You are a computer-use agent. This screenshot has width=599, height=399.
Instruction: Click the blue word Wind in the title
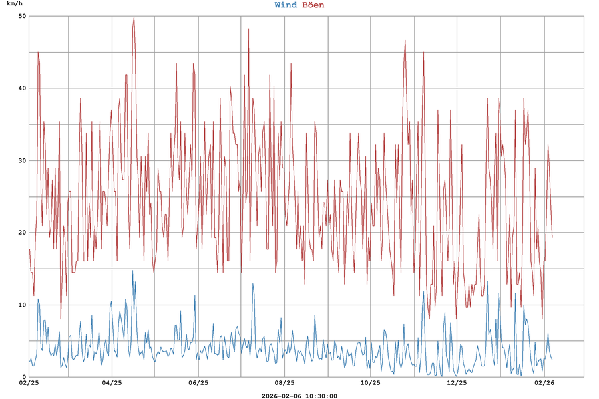pos(286,5)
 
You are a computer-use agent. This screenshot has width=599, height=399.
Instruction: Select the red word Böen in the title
pos(313,5)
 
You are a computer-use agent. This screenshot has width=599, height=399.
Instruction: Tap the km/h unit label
pos(15,5)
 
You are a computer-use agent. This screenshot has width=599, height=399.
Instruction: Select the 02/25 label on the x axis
pos(29,383)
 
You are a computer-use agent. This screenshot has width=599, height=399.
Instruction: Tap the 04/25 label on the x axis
pos(112,383)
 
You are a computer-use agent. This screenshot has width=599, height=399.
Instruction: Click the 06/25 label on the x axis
pos(198,383)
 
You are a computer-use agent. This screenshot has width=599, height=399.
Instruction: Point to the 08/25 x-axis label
pos(284,383)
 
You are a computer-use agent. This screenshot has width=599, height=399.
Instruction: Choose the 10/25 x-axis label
pos(370,383)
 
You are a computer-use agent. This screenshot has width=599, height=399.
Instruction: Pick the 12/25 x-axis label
pos(457,383)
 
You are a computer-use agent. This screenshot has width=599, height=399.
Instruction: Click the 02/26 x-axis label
pos(544,383)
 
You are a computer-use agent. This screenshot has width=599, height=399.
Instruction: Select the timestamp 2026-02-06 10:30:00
pos(299,396)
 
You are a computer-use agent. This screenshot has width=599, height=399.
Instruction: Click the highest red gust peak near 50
pos(134,18)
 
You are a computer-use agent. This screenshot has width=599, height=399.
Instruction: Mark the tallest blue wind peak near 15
pos(132,271)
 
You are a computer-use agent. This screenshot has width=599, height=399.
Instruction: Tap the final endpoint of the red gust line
pos(552,237)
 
